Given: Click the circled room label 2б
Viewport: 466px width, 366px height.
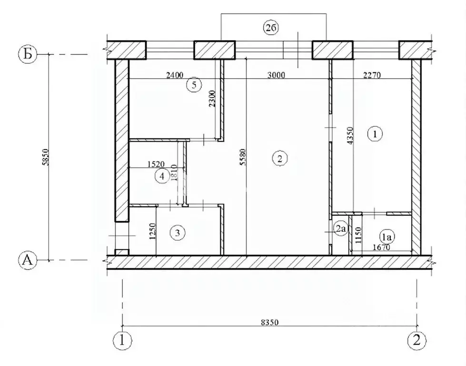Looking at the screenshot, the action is (271, 28).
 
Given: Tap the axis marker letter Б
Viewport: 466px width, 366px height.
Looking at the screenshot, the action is (28, 54).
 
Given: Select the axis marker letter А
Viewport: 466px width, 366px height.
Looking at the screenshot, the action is (28, 260).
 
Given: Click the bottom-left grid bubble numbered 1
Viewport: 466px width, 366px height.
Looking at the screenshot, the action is (122, 340).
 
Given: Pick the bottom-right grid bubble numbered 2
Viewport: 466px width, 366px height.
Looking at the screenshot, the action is (416, 340).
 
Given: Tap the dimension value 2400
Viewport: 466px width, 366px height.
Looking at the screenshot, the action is (175, 75).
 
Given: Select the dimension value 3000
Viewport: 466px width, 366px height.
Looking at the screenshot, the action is (276, 75).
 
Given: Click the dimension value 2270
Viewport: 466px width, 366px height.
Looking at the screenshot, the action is (372, 76).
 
